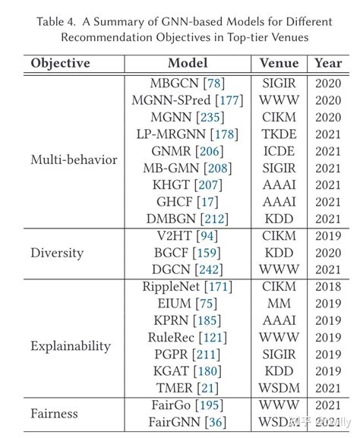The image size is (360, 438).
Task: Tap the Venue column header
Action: click(x=279, y=64)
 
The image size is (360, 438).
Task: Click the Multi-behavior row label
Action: click(x=74, y=159)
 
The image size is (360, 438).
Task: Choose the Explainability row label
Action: click(x=71, y=346)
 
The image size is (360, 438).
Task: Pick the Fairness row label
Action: click(x=55, y=414)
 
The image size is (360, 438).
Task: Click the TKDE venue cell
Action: click(x=279, y=134)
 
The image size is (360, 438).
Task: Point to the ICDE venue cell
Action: click(x=279, y=151)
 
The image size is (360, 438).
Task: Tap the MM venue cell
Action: click(x=279, y=304)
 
